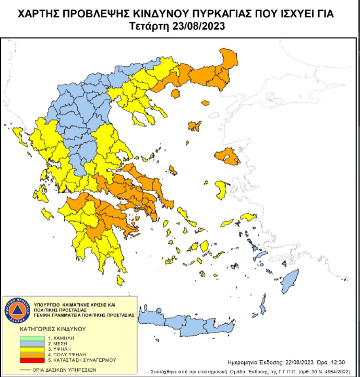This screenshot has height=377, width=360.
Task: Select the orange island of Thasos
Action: point(175,94)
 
